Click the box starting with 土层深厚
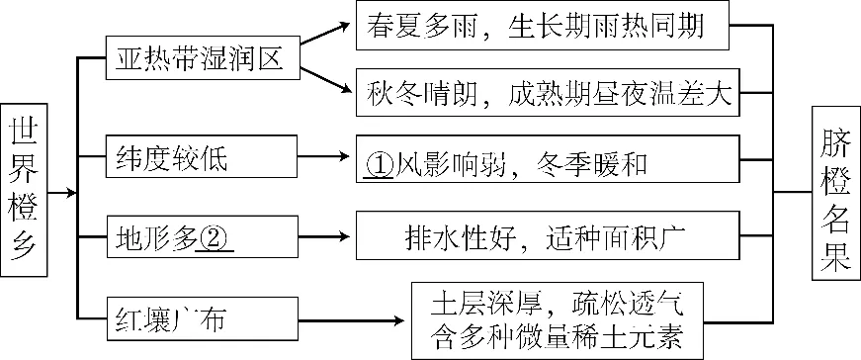(558, 320)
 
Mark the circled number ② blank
(215, 239)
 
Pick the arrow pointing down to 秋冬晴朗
(327, 82)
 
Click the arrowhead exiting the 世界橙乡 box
(71, 192)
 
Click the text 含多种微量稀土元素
(558, 336)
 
